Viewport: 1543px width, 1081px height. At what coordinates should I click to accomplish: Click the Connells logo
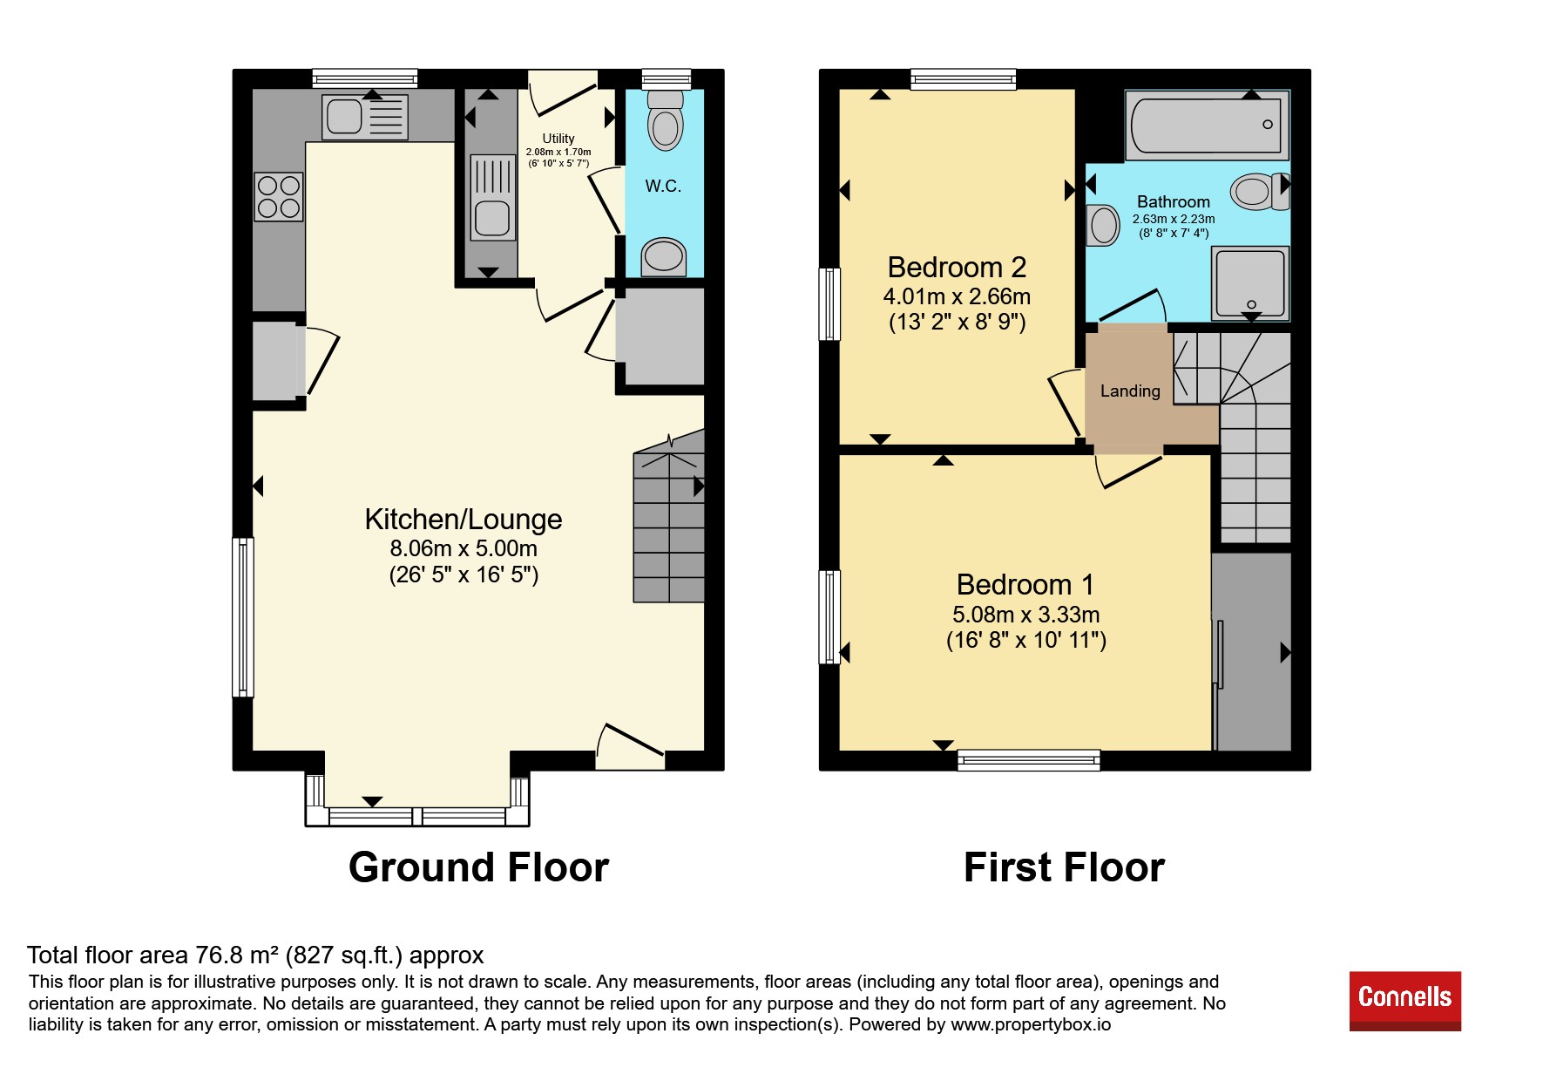(1404, 1000)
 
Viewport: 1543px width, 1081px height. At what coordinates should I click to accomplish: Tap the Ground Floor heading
(478, 867)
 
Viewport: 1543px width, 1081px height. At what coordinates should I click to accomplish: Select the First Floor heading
(1064, 867)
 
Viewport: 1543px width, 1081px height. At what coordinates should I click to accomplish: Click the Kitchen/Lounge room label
(463, 520)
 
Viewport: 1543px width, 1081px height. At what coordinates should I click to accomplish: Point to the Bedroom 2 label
(957, 267)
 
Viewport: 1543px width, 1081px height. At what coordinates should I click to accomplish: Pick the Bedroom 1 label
(1025, 584)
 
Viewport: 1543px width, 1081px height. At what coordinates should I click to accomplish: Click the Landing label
(1130, 391)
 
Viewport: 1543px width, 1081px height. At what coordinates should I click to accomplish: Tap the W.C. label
(663, 186)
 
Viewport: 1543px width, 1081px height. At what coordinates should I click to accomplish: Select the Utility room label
(558, 139)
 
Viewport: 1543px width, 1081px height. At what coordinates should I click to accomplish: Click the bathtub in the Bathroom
(1207, 125)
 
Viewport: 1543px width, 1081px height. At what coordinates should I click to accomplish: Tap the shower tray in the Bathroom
(1250, 282)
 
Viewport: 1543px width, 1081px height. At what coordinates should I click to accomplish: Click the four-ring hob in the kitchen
(279, 196)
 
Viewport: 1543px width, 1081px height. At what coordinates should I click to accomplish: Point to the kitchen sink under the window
(364, 116)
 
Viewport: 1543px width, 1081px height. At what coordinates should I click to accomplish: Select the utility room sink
(493, 197)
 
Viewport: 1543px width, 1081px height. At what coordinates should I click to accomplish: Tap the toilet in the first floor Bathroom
(1260, 191)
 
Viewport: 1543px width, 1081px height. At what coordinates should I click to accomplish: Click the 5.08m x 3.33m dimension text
(1025, 615)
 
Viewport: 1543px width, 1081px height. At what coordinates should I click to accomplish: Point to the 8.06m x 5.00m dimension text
(463, 548)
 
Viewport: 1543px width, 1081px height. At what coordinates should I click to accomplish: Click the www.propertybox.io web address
(1031, 1024)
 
